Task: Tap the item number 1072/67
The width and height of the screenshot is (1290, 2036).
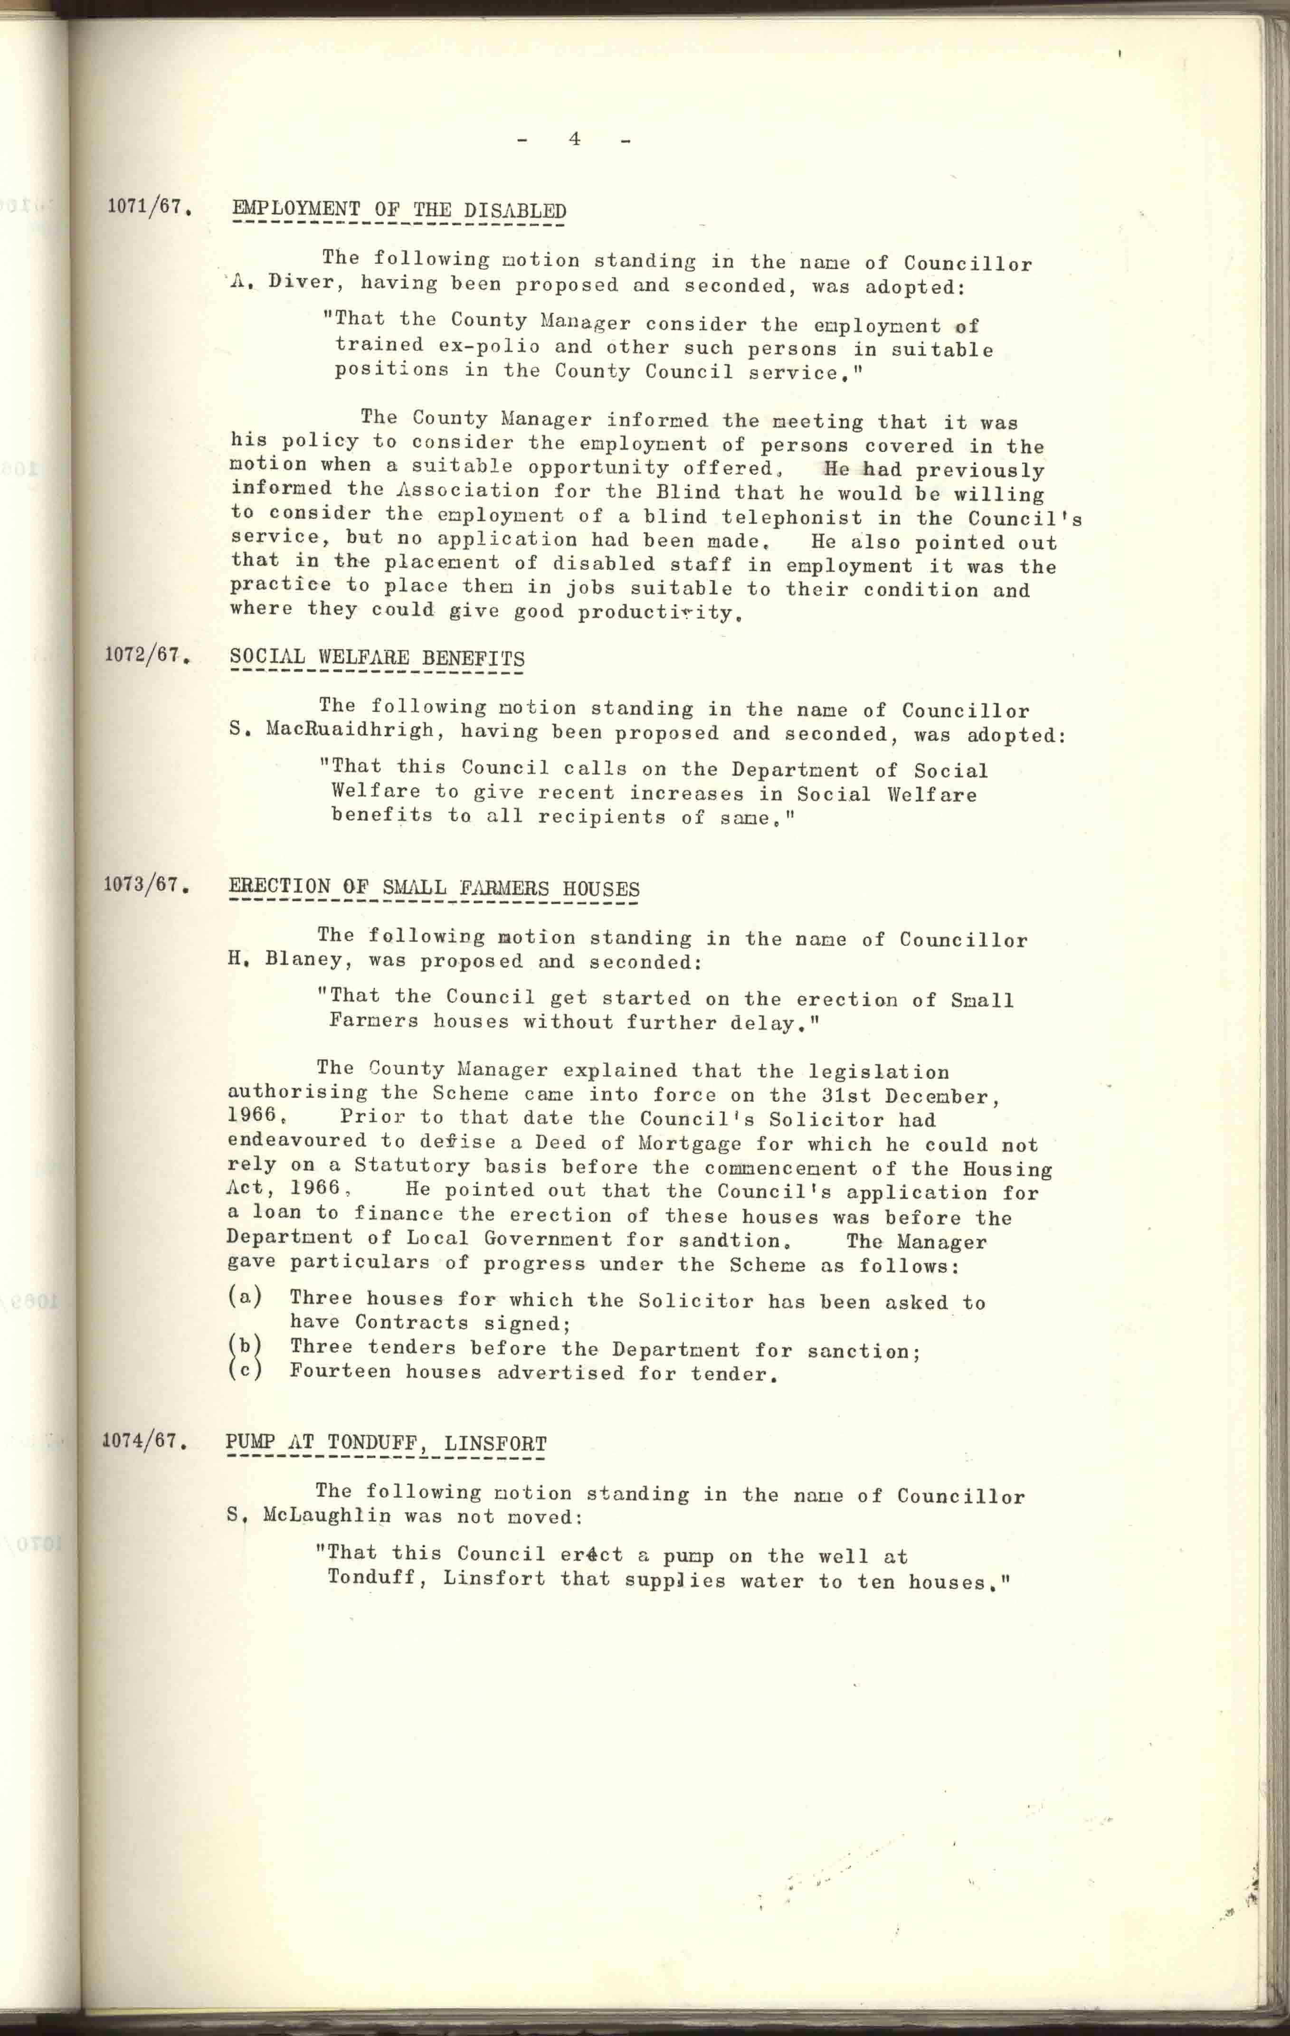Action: pos(144,655)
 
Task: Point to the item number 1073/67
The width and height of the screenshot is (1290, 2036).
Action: pos(142,885)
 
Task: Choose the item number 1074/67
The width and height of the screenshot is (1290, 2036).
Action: pos(141,1441)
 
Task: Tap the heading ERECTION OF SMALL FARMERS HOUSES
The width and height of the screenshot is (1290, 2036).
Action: pos(434,888)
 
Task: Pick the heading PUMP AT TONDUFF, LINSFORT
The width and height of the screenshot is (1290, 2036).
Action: pos(386,1443)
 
